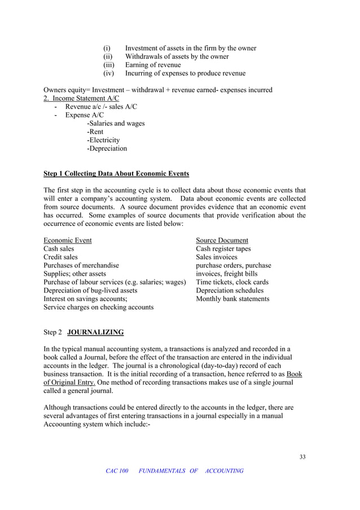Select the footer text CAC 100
[117, 471]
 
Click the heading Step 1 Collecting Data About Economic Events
[116, 173]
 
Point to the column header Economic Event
[68, 240]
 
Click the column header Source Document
[222, 240]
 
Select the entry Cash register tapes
[223, 249]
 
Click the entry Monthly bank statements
[232, 299]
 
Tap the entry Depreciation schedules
[230, 290]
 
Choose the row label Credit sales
[60, 257]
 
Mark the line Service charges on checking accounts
[98, 307]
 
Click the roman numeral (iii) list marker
[108, 65]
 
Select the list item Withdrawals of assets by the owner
[177, 56]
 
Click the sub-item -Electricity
[103, 140]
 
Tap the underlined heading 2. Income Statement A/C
[81, 98]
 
